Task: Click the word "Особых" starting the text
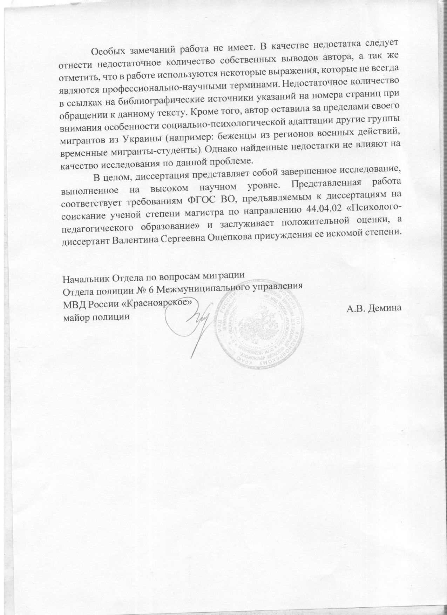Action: [107, 52]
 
